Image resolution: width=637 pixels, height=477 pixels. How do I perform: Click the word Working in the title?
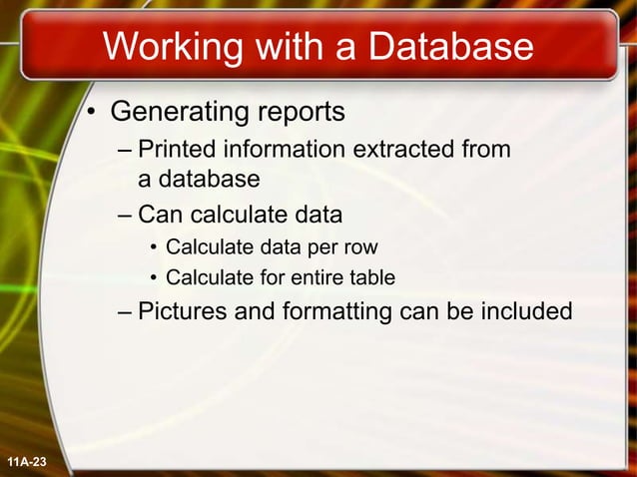pyautogui.click(x=171, y=48)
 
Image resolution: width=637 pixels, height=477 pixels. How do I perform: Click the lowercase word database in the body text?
pyautogui.click(x=209, y=180)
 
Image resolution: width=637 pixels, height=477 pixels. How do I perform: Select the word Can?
pyautogui.click(x=159, y=215)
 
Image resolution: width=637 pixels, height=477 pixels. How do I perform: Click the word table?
pyautogui.click(x=369, y=276)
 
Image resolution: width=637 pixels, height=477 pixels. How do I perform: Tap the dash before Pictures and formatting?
pyautogui.click(x=124, y=312)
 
